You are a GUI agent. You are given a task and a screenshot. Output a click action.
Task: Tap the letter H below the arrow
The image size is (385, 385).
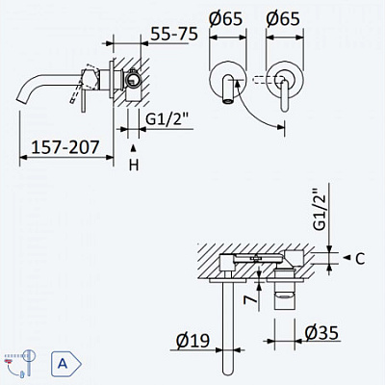(134, 166)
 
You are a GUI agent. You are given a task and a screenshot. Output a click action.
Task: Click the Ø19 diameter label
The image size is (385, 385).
(192, 340)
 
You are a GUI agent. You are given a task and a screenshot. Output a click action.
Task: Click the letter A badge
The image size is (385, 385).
(62, 364)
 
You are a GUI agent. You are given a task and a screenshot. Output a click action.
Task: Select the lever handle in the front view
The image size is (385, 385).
(287, 96)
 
